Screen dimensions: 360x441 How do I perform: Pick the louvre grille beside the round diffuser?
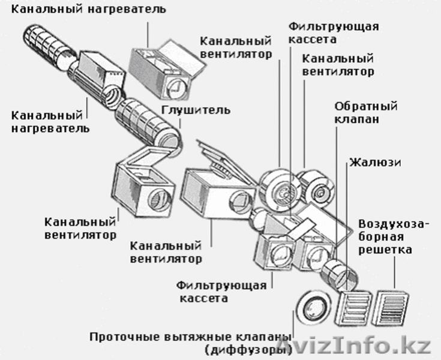pyautogui.click(x=353, y=309)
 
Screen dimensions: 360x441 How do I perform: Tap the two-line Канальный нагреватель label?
pyautogui.click(x=46, y=121)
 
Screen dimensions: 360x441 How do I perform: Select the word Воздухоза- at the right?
pyautogui.click(x=393, y=224)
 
